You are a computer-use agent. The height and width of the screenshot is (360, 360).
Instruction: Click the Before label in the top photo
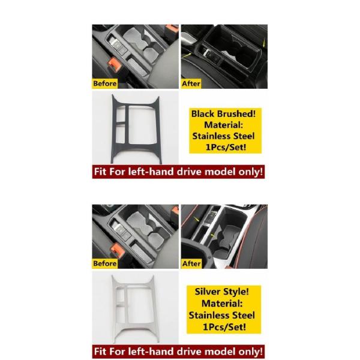tap(104, 83)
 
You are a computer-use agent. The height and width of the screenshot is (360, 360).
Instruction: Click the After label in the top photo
tap(191, 83)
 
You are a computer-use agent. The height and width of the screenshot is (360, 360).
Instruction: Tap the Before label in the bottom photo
tap(104, 263)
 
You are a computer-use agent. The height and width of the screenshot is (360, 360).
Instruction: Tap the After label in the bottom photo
tap(191, 263)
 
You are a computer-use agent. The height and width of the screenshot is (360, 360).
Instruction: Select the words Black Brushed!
tap(223, 113)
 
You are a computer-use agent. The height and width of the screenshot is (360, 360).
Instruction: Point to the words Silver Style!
tap(222, 292)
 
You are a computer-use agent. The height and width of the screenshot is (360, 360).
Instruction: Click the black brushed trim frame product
tap(136, 129)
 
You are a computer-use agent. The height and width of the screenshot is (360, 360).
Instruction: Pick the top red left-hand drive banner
tap(178, 172)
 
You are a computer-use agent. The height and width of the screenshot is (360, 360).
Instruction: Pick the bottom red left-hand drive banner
tap(178, 352)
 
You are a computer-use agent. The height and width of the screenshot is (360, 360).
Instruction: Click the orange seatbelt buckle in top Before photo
tap(115, 64)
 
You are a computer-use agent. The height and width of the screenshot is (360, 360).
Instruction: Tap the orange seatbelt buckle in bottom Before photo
tap(118, 250)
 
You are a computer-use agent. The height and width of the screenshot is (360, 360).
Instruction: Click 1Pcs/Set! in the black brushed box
tap(226, 147)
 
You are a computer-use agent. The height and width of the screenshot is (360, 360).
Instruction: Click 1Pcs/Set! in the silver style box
tap(224, 327)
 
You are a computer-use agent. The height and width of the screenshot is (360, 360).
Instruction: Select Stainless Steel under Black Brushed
tap(223, 136)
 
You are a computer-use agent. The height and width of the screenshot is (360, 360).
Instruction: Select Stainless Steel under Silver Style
tap(222, 315)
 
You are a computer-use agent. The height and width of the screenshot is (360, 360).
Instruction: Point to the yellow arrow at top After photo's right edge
tap(264, 43)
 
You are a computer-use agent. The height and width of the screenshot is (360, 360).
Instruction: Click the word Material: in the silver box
tap(222, 303)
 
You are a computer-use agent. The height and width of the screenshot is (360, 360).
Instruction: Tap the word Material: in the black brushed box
tap(223, 125)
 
